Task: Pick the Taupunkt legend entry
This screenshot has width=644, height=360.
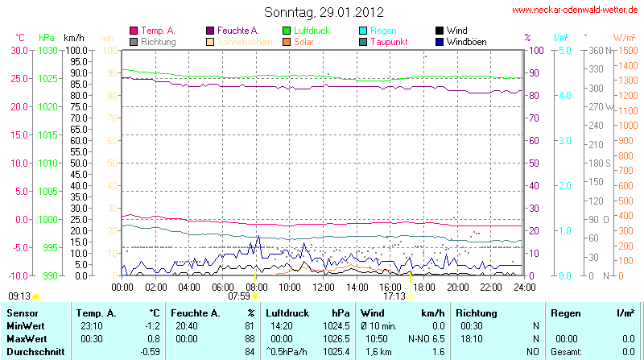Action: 390,41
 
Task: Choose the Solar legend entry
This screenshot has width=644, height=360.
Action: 303,41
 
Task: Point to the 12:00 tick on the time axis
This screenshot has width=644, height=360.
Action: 323,286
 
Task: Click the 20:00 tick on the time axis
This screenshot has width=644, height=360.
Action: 457,286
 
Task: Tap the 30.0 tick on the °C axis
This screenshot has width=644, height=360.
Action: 19,50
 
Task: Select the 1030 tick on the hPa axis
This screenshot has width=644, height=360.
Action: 47,50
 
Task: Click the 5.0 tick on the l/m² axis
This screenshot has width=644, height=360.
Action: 565,50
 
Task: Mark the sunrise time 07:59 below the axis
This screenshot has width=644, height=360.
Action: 239,296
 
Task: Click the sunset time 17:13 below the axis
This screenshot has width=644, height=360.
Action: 394,296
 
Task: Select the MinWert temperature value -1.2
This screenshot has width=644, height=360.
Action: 152,325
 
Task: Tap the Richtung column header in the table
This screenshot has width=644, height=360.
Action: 477,312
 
